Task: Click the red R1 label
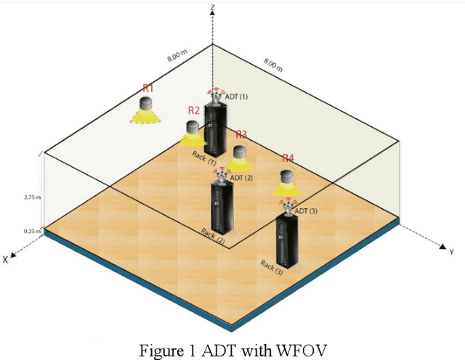point(147,88)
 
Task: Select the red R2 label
point(193,110)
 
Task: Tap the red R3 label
point(240,134)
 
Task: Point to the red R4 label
point(288,158)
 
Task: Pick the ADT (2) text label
point(242,177)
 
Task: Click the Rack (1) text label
point(204,157)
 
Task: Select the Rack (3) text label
point(272,267)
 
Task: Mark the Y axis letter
point(451,252)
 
